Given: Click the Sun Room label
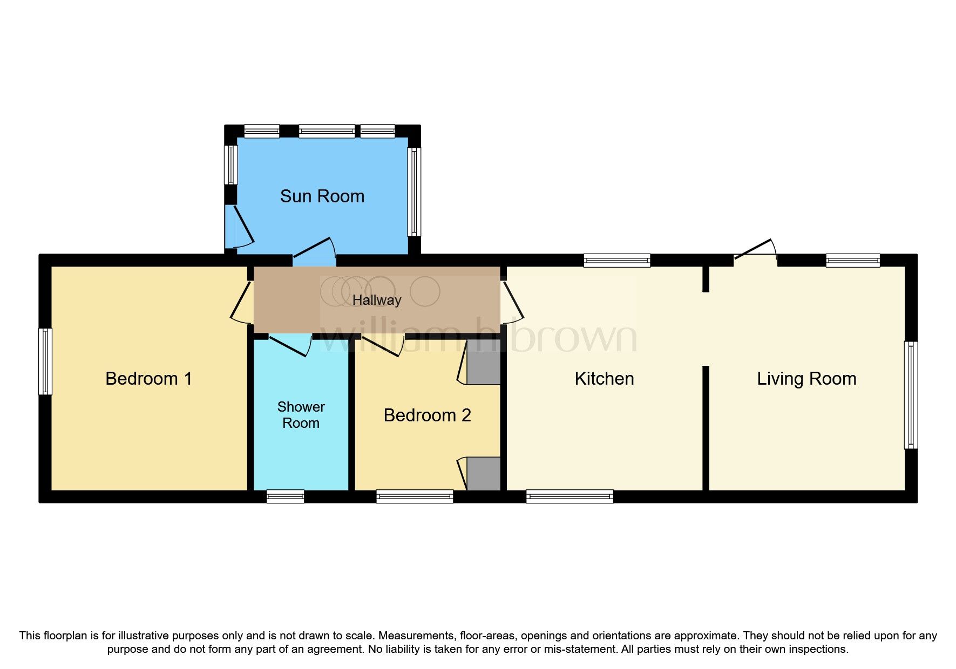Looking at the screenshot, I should tap(322, 196).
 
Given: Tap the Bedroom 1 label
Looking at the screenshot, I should tap(148, 379).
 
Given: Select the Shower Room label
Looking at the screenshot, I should tap(301, 415).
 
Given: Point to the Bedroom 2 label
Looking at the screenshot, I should tap(427, 415).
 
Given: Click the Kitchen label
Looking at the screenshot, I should tap(604, 379).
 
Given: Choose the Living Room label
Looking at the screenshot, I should tap(806, 379).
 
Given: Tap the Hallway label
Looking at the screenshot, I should tap(377, 301).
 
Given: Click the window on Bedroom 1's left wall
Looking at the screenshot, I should tap(45, 361).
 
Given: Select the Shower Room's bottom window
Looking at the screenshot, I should tap(286, 496).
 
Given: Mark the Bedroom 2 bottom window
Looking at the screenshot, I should tap(415, 496).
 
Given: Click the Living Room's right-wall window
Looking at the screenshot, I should tap(911, 395).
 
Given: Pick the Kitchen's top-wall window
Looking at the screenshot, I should tap(617, 261).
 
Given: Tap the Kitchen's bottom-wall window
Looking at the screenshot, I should tap(569, 496).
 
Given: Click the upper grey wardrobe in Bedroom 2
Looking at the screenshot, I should tap(484, 361).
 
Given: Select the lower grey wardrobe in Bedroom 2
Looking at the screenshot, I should tap(484, 474).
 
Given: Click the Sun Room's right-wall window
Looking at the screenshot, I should tap(414, 192).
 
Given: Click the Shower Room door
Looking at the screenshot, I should tap(290, 344).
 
